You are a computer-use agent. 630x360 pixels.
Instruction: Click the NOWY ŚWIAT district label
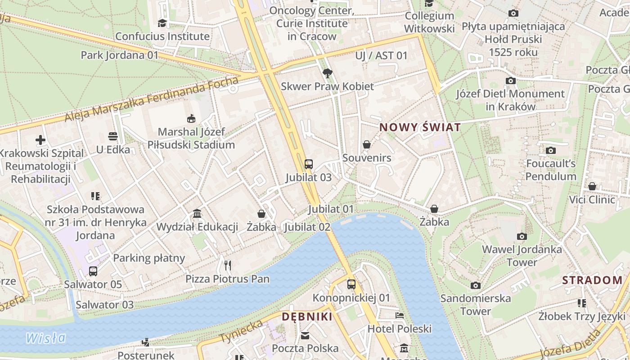tap(420, 127)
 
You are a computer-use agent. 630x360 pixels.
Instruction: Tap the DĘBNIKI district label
tap(307, 317)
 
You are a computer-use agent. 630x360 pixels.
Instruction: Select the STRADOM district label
tap(592, 280)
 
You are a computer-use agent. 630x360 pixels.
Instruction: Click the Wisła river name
tap(46, 337)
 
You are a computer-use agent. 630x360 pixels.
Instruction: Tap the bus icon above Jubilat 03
tap(309, 164)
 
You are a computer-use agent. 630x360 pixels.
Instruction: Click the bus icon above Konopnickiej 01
tap(351, 284)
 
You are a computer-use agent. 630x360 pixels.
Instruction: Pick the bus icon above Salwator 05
tap(93, 271)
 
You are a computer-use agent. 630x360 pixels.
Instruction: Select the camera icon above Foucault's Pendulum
tap(551, 150)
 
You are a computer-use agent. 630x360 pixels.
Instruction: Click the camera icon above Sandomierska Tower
tap(475, 285)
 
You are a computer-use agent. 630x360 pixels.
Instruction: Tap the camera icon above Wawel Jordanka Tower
tap(522, 236)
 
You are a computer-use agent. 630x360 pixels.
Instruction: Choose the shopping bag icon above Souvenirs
tap(367, 145)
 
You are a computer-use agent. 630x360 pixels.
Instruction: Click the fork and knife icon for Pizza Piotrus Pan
tap(228, 265)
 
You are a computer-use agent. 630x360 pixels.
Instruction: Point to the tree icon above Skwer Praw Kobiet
tap(327, 73)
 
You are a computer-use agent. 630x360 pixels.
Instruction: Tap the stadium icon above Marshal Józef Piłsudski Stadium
tap(191, 119)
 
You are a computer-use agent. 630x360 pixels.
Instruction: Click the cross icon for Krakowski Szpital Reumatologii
tap(40, 140)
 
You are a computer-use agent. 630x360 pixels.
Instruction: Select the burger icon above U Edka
tap(113, 136)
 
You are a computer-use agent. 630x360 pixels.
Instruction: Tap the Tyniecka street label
tap(241, 332)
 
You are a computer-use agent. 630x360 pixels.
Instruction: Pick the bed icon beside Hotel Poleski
tap(400, 315)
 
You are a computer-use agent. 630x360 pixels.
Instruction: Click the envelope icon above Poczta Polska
tap(305, 335)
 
